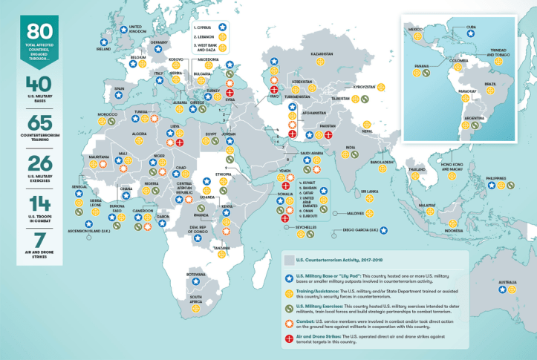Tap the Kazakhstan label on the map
coord(321,54)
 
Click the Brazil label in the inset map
coord(490,84)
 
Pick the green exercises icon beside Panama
coord(424,73)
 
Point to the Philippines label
coord(495,178)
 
